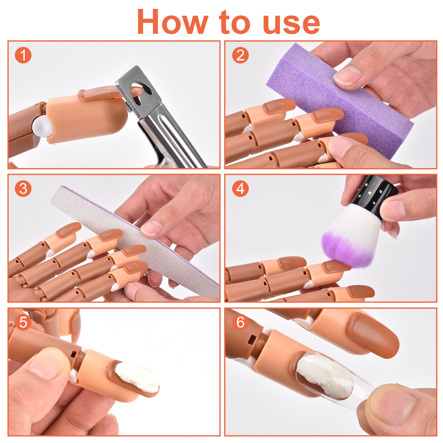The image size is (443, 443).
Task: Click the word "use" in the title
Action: tap(291, 24)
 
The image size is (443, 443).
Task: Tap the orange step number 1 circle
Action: tap(23, 55)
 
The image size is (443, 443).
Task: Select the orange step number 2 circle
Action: tap(240, 55)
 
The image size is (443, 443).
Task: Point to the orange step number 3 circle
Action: tap(23, 189)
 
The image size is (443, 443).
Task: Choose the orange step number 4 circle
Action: tap(240, 189)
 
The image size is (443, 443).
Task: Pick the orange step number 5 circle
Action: tap(23, 322)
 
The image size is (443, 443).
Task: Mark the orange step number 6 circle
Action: tap(240, 322)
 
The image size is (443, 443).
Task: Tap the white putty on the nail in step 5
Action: tap(138, 377)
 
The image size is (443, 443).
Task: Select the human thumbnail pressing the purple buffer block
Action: tap(348, 75)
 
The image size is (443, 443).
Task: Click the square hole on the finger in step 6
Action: tap(252, 340)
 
